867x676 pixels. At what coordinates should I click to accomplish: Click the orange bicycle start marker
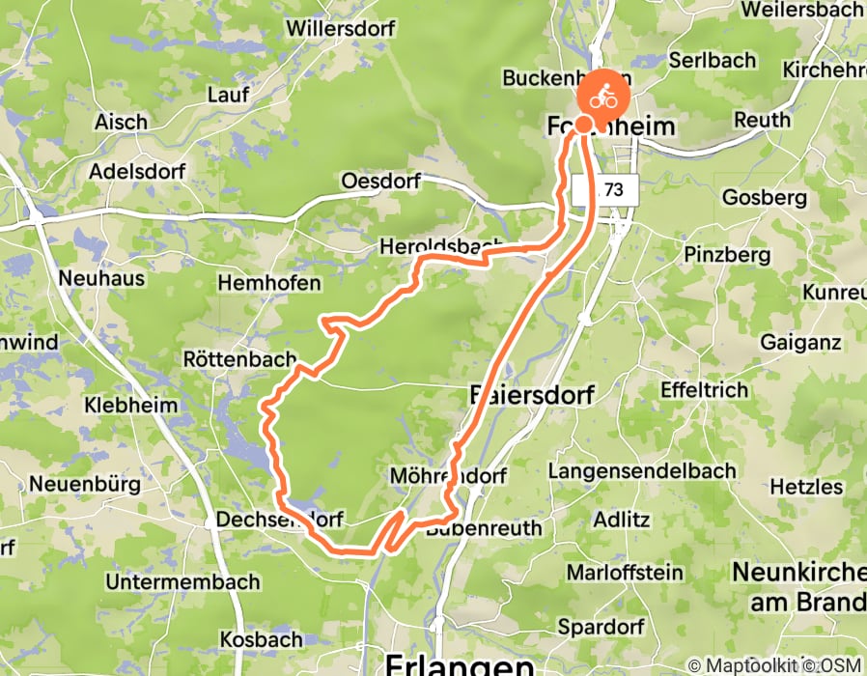coord(602,97)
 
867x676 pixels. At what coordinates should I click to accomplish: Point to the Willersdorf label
coord(341,28)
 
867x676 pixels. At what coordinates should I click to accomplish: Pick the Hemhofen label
coord(269,283)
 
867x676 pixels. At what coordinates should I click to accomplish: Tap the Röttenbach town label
coord(239,359)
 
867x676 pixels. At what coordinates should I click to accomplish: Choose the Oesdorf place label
coord(383,182)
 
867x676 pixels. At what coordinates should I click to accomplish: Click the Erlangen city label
coord(459,663)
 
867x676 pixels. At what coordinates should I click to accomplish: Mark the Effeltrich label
coord(704,390)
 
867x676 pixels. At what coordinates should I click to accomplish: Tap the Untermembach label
coord(182,582)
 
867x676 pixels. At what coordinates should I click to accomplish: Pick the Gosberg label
coord(765,197)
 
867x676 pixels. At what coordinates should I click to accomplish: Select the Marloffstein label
coord(625,573)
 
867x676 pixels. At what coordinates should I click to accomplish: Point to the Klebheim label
coord(131,405)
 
